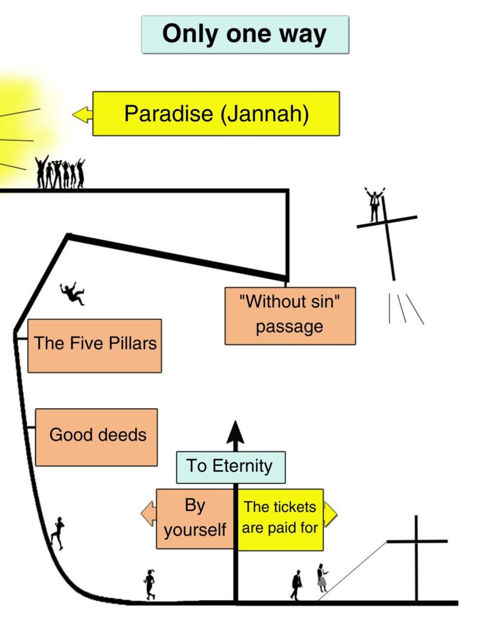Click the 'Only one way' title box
pyautogui.click(x=245, y=34)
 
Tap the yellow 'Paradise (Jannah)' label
pyautogui.click(x=216, y=114)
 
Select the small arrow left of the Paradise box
pyautogui.click(x=82, y=114)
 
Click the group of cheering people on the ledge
pyautogui.click(x=60, y=173)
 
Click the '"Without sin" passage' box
pyautogui.click(x=290, y=316)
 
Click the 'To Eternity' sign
pyautogui.click(x=230, y=467)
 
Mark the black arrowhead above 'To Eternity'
pyautogui.click(x=235, y=433)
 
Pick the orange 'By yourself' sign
pyautogui.click(x=195, y=519)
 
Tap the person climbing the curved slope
pyautogui.click(x=58, y=533)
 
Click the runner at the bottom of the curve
pyautogui.click(x=149, y=583)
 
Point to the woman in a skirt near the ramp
pyautogui.click(x=322, y=577)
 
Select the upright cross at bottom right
pyautogui.click(x=416, y=556)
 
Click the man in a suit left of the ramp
pyautogui.click(x=296, y=585)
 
